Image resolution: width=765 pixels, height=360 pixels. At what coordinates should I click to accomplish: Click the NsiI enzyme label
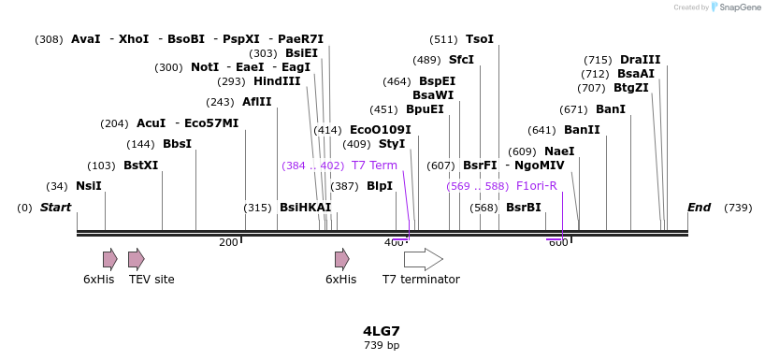tap(88, 186)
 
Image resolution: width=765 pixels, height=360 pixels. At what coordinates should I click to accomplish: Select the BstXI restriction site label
tap(140, 166)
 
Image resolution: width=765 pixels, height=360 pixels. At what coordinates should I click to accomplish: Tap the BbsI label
tap(177, 144)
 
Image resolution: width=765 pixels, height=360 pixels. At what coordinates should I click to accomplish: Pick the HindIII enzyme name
tap(277, 81)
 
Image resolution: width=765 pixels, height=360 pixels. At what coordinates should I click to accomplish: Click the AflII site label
tap(256, 102)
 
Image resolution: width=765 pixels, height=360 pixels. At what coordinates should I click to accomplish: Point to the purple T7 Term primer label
tap(374, 166)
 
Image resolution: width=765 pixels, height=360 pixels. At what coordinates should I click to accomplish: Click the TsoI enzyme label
tap(479, 39)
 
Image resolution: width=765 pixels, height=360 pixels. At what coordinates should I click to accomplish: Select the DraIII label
tap(640, 60)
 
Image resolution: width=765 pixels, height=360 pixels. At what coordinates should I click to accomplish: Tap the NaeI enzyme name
tap(559, 151)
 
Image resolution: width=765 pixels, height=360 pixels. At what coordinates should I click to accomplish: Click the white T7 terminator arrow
tap(423, 259)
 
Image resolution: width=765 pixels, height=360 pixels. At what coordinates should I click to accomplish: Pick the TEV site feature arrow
tap(137, 259)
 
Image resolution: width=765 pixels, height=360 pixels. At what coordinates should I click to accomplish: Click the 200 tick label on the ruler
tap(228, 243)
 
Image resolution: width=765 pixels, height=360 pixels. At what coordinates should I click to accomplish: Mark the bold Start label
tap(55, 208)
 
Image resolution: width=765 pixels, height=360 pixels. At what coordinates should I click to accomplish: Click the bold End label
tap(699, 208)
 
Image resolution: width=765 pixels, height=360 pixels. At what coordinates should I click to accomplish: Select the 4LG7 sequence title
tap(382, 331)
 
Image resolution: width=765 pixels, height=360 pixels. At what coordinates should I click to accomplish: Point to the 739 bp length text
tap(382, 346)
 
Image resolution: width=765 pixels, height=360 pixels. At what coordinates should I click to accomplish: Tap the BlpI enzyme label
tap(380, 186)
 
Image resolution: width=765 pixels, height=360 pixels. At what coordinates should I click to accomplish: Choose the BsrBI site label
tap(523, 208)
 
